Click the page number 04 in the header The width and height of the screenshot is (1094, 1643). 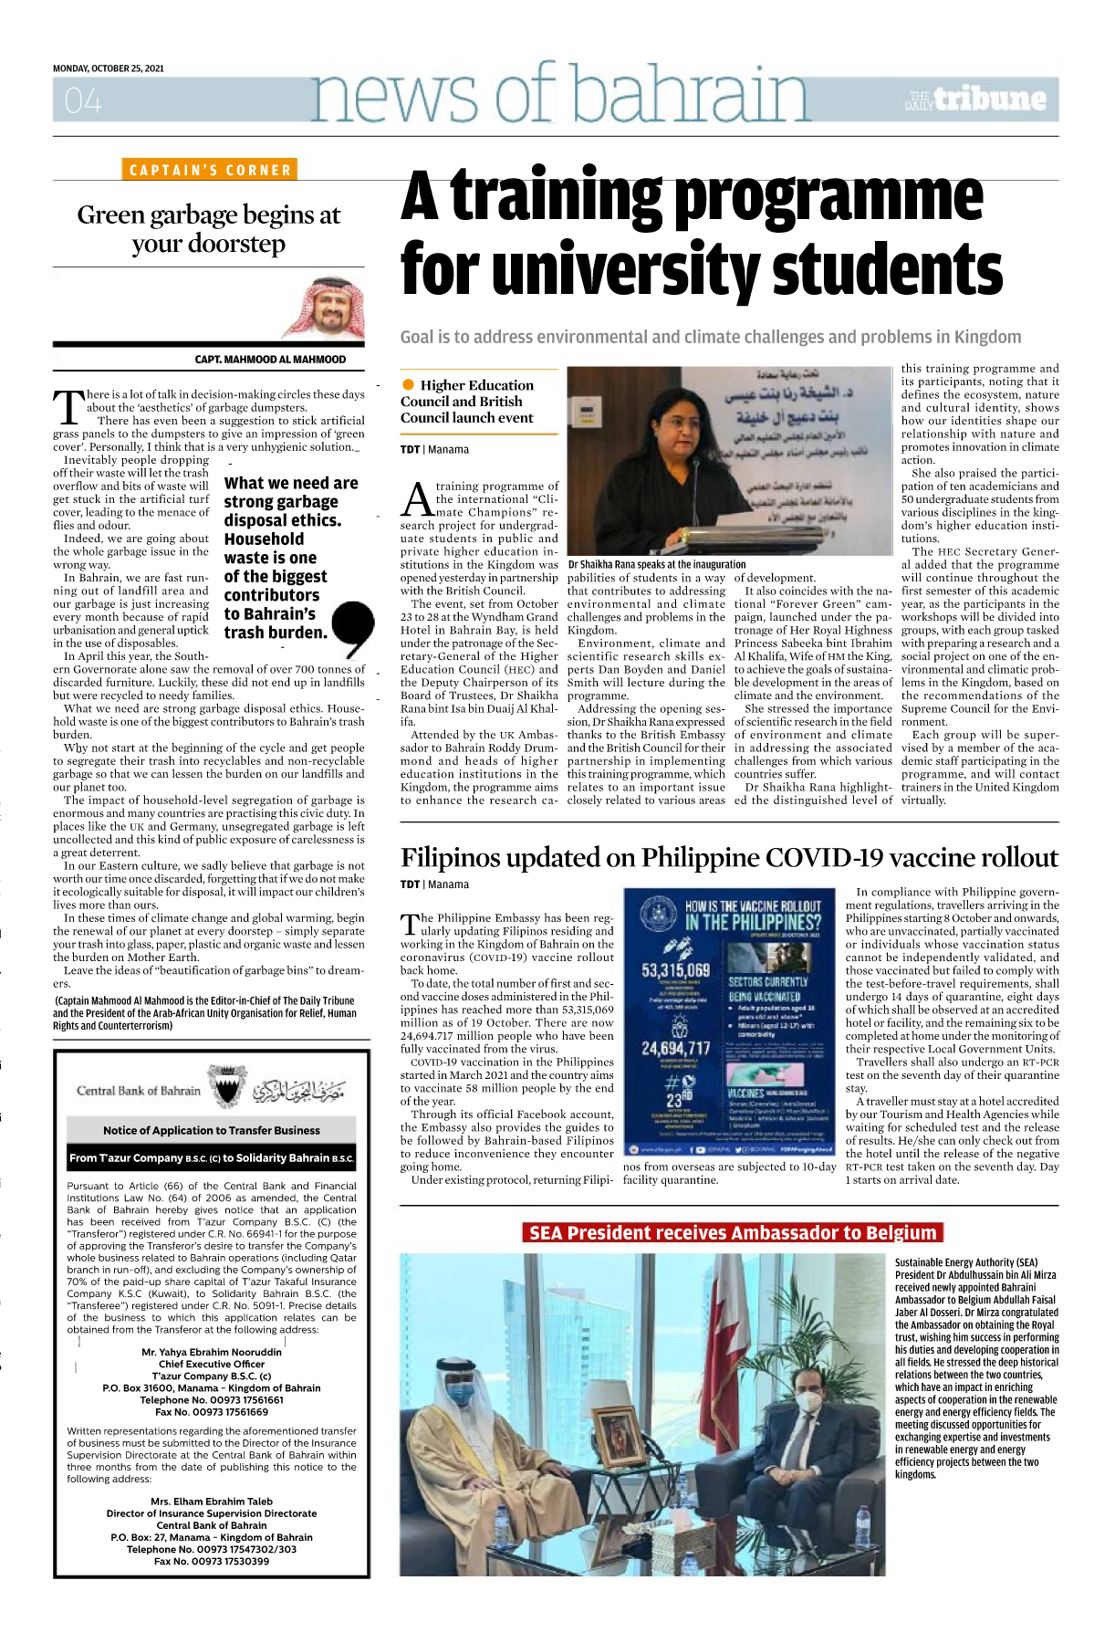[x=83, y=100]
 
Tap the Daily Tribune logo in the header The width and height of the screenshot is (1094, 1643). [x=975, y=99]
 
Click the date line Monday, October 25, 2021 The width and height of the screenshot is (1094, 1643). [x=109, y=68]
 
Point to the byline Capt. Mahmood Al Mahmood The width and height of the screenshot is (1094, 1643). [x=270, y=360]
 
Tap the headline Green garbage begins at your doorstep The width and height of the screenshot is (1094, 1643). [x=209, y=229]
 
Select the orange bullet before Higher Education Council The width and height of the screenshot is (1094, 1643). [x=408, y=384]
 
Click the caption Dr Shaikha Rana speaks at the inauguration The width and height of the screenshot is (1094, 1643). [x=657, y=564]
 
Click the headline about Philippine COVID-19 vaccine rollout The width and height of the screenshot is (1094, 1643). [x=729, y=858]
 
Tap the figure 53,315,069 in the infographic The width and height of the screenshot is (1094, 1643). [x=675, y=969]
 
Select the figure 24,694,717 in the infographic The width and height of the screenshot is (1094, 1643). [x=675, y=1048]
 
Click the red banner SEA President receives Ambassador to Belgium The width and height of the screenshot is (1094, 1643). [x=733, y=1233]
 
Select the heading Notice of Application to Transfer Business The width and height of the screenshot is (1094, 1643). [x=212, y=1130]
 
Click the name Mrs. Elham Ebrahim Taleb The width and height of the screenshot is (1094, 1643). [x=212, y=1501]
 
